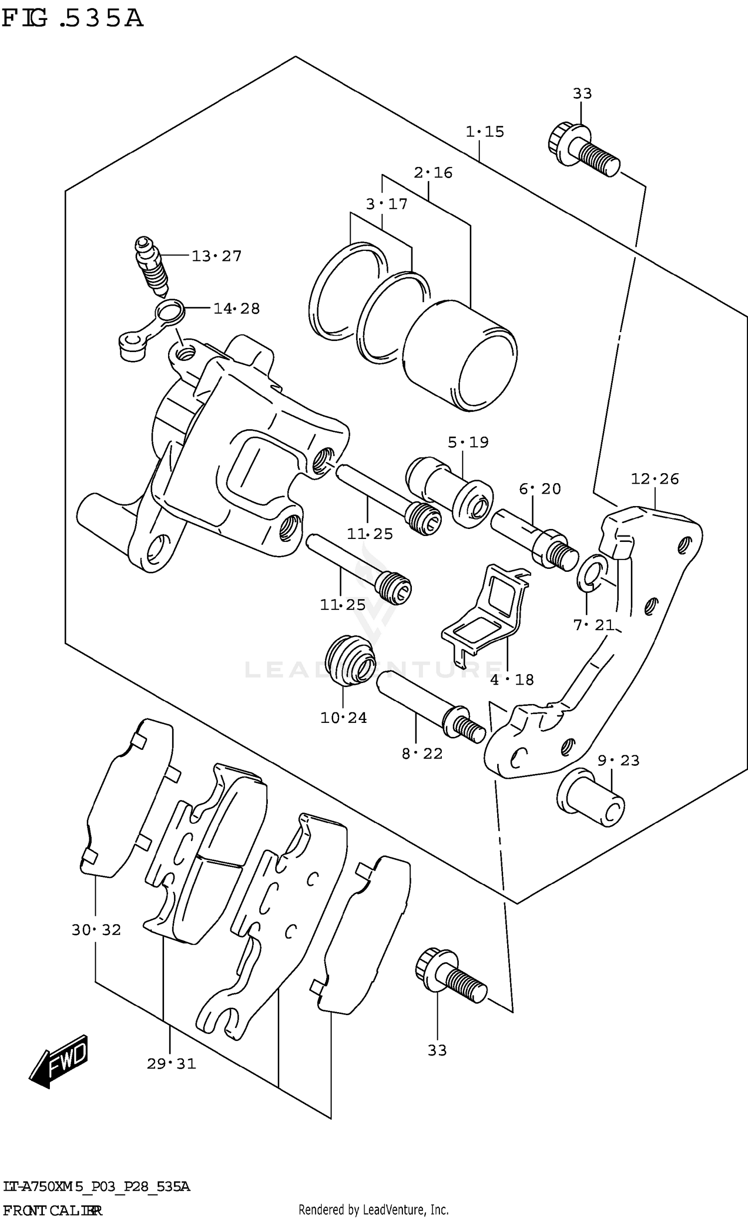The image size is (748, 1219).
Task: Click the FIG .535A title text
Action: point(72,18)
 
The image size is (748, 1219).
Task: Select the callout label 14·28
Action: point(236,309)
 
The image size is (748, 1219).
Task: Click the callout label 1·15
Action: point(485,132)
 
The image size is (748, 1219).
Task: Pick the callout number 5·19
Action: point(468,442)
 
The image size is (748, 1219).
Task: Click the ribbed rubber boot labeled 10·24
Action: point(349,660)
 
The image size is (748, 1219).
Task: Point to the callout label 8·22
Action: point(422,753)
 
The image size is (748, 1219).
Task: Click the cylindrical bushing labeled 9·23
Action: point(591,798)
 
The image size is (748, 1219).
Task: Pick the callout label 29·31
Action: point(171,1064)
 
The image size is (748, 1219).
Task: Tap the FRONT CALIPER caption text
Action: point(52,1210)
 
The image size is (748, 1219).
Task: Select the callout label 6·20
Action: point(540,489)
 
